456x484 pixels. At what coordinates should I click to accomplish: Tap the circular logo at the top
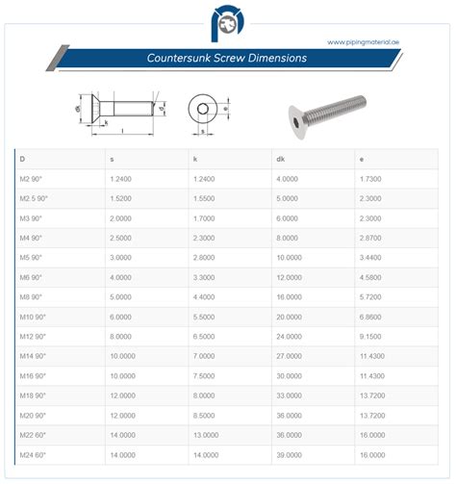tap(227, 21)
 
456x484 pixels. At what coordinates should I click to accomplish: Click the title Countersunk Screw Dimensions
tap(227, 58)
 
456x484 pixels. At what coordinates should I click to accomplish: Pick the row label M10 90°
tap(33, 317)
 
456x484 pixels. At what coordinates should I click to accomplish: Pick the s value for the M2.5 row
tap(123, 199)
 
